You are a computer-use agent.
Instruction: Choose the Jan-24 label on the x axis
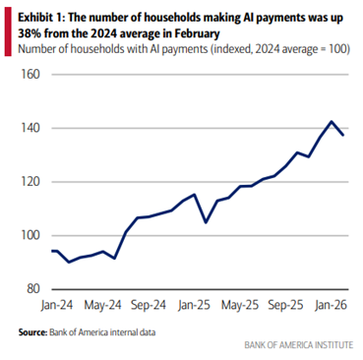[55, 305]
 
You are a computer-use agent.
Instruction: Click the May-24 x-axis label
[102, 305]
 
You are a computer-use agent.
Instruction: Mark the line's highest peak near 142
[332, 122]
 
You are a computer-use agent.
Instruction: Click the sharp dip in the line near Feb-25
[206, 222]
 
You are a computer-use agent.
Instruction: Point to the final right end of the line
[343, 135]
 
